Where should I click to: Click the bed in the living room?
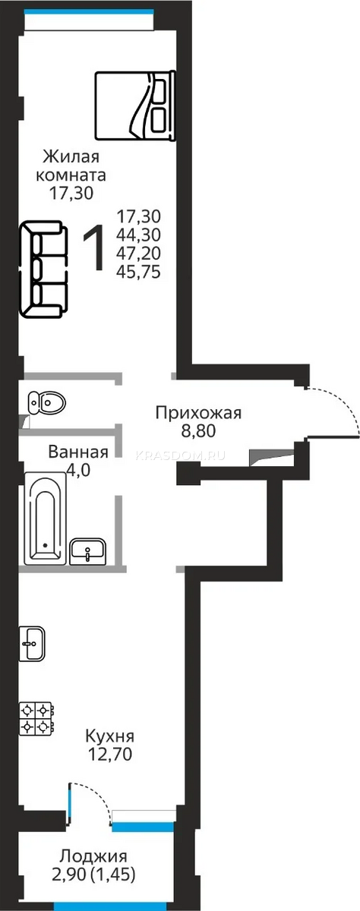(x=135, y=106)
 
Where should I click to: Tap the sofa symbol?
(x=43, y=270)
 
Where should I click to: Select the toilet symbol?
(x=46, y=403)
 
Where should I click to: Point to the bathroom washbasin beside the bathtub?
(x=87, y=551)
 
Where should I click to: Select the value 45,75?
(x=138, y=272)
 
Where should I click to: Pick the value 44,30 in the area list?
(x=138, y=235)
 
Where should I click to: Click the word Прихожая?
(x=198, y=413)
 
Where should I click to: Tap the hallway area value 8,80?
(x=198, y=430)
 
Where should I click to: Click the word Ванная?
(x=78, y=452)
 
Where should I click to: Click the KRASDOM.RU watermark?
(x=180, y=455)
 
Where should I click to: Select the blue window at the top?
(x=89, y=11)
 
